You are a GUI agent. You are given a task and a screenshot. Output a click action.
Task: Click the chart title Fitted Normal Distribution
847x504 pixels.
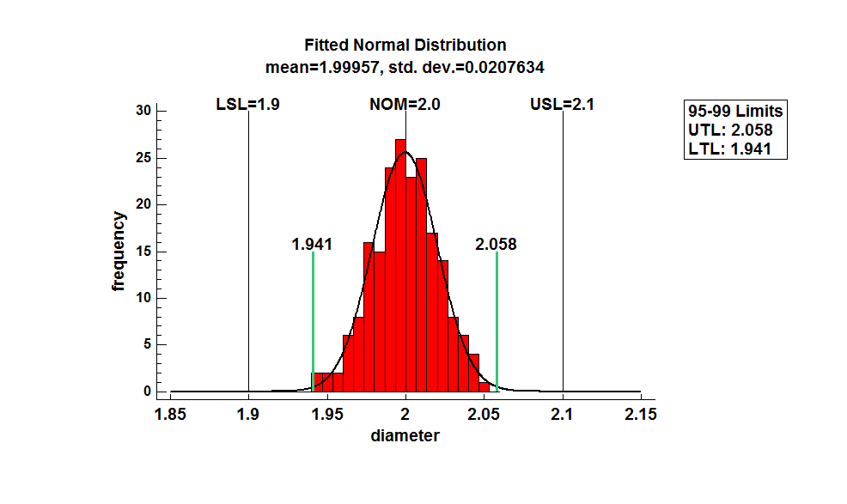tap(405, 45)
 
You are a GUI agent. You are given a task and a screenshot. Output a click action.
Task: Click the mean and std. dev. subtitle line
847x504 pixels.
tap(405, 66)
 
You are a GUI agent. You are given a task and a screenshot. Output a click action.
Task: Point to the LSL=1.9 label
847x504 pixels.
tap(247, 105)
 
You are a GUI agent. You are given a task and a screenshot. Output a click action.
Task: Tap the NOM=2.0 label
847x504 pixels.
tap(405, 105)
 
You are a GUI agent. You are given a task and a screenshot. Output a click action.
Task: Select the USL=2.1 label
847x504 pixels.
tap(563, 105)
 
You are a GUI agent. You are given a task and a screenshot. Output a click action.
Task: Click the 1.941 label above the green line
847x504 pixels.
tap(312, 245)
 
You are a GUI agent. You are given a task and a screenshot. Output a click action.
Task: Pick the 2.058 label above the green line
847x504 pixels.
tap(496, 245)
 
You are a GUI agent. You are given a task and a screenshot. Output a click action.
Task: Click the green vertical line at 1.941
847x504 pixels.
tap(313, 318)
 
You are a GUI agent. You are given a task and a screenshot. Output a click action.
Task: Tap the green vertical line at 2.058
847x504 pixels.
tap(497, 318)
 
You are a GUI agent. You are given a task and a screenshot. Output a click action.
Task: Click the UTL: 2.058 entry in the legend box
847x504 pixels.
tap(730, 131)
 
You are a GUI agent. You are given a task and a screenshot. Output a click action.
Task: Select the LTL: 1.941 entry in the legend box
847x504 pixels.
tap(729, 149)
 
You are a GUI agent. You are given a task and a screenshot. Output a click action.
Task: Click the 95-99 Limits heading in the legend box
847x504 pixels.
tap(735, 112)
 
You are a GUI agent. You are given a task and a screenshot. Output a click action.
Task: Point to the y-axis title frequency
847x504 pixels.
tap(119, 252)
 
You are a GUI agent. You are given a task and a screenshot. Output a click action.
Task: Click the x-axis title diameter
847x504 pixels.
tap(405, 435)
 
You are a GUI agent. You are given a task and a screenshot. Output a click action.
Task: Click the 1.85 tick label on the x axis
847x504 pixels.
tap(170, 415)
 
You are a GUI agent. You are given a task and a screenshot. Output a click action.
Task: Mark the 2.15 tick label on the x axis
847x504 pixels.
tap(641, 415)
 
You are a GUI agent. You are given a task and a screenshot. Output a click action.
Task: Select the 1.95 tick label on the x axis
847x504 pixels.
tap(326, 415)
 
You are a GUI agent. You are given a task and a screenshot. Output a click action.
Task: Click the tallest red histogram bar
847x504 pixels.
tap(400, 266)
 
